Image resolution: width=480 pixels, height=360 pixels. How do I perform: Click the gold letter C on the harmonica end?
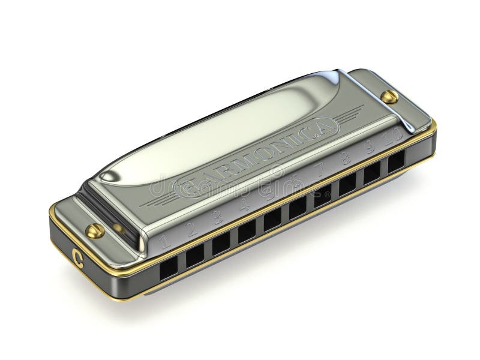coord(77,255)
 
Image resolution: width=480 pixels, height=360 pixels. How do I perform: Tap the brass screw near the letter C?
coord(95,230)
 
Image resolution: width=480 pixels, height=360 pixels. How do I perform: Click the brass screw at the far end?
coord(389,97)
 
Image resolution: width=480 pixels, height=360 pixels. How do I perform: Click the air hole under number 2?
coord(195,256)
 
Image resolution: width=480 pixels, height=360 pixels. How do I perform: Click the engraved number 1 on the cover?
coord(165,242)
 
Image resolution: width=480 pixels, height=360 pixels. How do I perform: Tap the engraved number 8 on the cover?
coord(345,158)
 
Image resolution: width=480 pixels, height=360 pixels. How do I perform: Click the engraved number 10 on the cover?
coord(394,137)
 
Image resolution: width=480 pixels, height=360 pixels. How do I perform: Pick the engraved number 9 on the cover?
coord(370,147)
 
